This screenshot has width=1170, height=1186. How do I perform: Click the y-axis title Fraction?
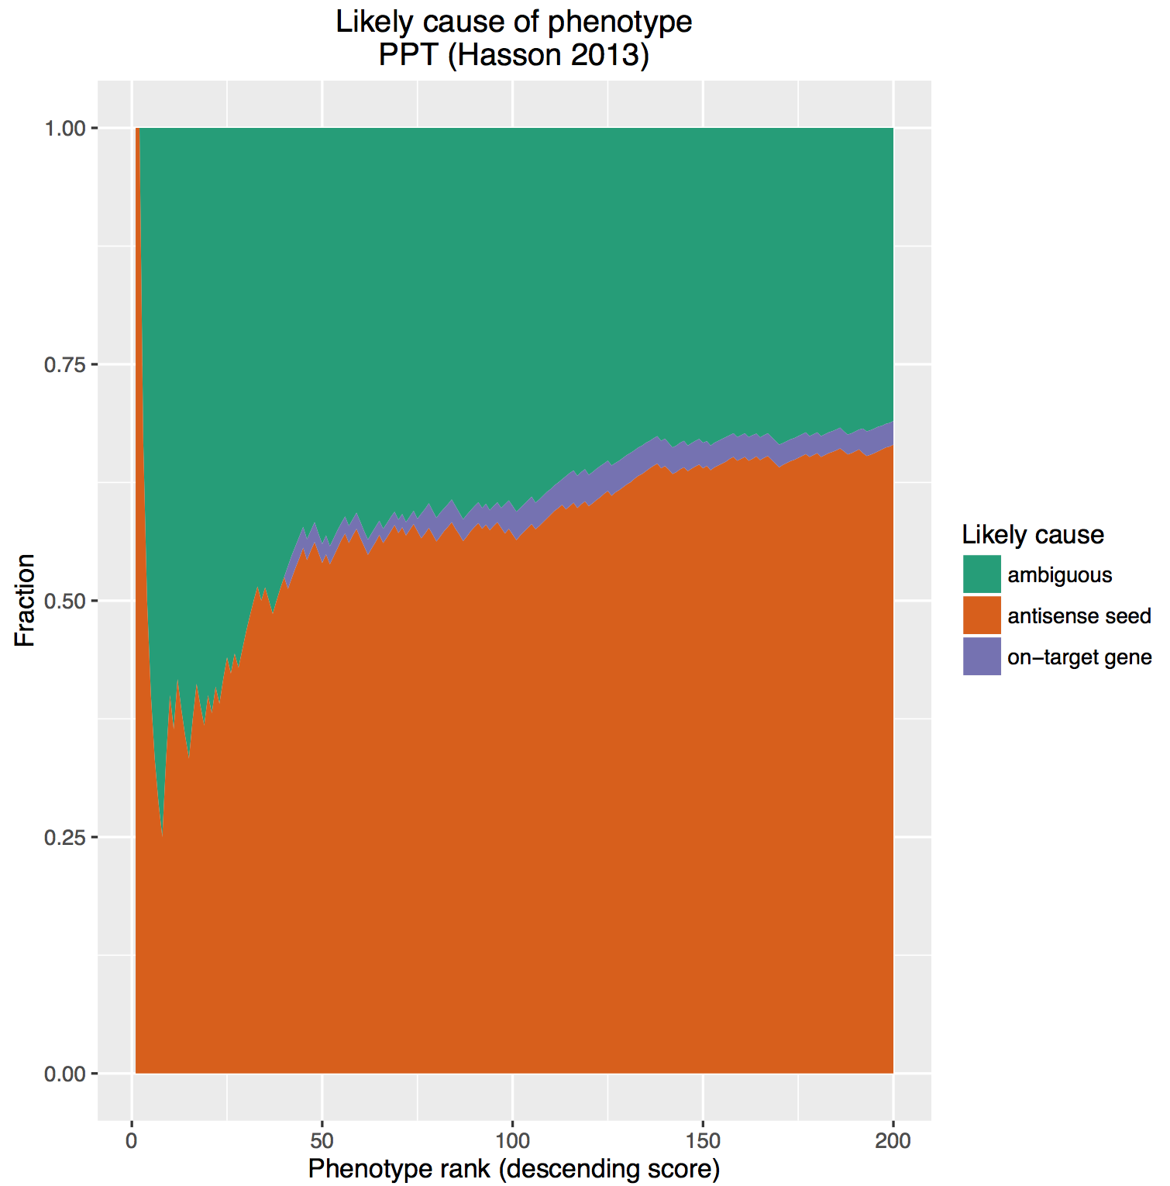coord(25,601)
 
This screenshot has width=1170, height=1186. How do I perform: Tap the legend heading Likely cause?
coord(1033,534)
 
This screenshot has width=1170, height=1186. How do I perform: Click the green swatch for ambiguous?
coord(982,574)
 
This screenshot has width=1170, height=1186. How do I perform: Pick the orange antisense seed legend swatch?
coord(982,615)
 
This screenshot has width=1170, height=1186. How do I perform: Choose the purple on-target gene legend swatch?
coord(982,657)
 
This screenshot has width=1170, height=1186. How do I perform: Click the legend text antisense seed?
coord(1079,616)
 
